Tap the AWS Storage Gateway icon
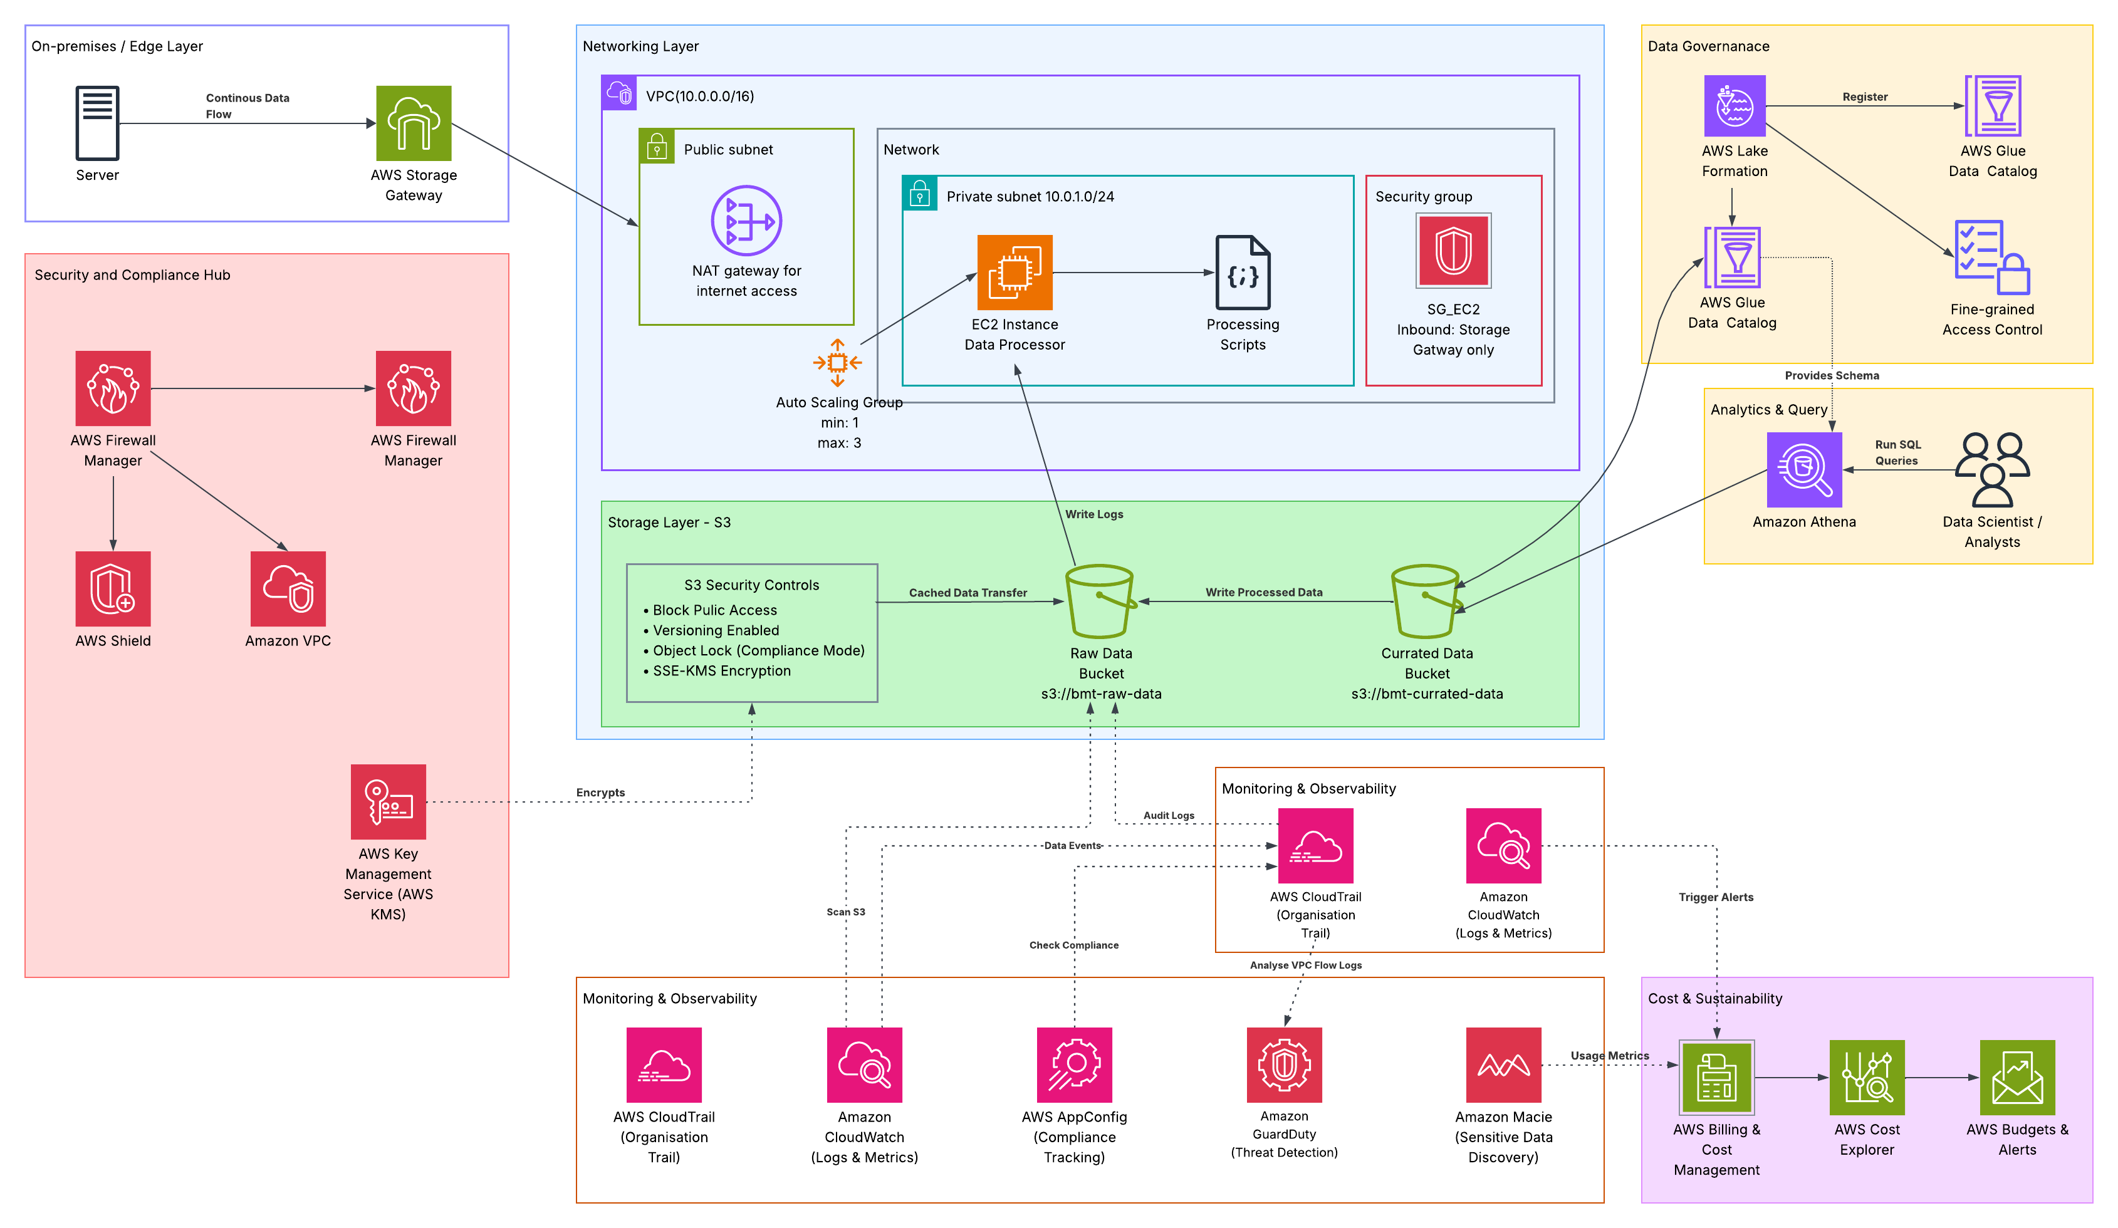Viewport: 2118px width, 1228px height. click(x=414, y=123)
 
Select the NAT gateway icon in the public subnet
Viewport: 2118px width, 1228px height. click(x=746, y=220)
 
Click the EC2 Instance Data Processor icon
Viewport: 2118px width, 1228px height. click(x=1015, y=273)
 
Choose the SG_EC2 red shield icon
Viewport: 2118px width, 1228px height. click(x=1453, y=251)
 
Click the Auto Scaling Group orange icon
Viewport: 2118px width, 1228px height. click(x=837, y=362)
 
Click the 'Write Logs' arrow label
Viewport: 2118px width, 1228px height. click(x=1093, y=514)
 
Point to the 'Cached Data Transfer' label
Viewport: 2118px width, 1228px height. click(x=968, y=593)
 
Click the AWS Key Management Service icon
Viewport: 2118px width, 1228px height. click(x=389, y=801)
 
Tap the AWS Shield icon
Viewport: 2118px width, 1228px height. click(x=113, y=588)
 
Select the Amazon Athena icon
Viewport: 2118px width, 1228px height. click(x=1803, y=469)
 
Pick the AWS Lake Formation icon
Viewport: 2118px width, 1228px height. click(x=1734, y=106)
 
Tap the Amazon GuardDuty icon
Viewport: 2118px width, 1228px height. click(x=1283, y=1064)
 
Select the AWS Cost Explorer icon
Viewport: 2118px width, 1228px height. click(x=1867, y=1077)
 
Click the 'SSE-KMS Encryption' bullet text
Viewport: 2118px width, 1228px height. click(x=721, y=671)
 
